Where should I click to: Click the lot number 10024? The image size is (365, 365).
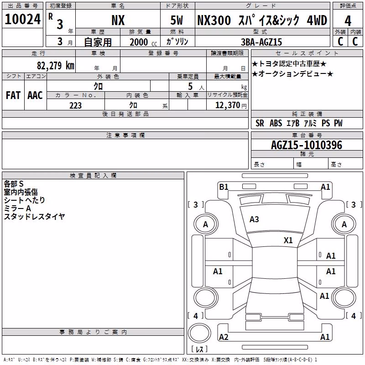click(22, 19)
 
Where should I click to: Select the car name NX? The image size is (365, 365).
click(118, 20)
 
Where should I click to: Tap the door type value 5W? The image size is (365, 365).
click(177, 20)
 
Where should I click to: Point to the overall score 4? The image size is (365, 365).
click(348, 21)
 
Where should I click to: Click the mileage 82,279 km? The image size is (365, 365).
click(55, 65)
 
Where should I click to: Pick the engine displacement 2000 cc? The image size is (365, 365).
click(143, 42)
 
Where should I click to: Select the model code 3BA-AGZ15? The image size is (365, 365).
click(261, 42)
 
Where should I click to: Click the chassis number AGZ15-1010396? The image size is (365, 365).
click(306, 145)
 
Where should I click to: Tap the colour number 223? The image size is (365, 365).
click(75, 105)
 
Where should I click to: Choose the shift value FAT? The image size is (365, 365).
click(13, 95)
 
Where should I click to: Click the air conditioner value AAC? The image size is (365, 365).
click(35, 95)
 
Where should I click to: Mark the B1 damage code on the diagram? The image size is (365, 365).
click(224, 187)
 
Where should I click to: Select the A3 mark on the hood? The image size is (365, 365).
click(254, 219)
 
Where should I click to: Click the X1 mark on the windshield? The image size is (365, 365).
click(288, 240)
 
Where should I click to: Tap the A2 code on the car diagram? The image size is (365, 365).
click(224, 337)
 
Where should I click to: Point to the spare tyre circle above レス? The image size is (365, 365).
click(199, 333)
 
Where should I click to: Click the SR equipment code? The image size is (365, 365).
click(260, 123)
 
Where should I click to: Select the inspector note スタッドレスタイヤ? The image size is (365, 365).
click(35, 216)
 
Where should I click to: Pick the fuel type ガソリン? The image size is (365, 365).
click(177, 42)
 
